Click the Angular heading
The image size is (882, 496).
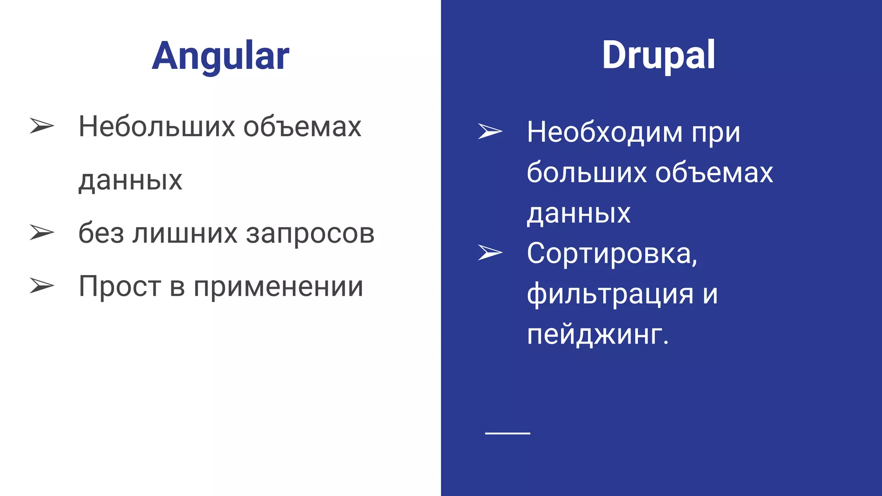(x=220, y=56)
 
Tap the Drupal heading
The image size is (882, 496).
(x=658, y=55)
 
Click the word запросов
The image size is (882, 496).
(x=310, y=234)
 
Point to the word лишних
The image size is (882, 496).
(x=185, y=234)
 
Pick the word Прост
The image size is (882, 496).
(x=120, y=287)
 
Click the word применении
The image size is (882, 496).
(x=278, y=287)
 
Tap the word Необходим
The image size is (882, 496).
(x=605, y=132)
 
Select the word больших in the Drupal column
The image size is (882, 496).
(x=587, y=172)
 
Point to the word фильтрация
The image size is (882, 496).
(x=610, y=294)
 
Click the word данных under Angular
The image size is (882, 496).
(x=130, y=180)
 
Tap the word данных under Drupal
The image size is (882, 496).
(x=579, y=213)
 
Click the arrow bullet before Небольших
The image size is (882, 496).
(x=42, y=126)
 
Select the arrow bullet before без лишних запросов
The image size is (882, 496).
(x=42, y=232)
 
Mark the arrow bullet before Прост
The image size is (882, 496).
(x=42, y=286)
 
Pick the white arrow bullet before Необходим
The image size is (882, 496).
(x=490, y=131)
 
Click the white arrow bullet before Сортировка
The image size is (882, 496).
(x=490, y=253)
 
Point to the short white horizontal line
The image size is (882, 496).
(x=507, y=433)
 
